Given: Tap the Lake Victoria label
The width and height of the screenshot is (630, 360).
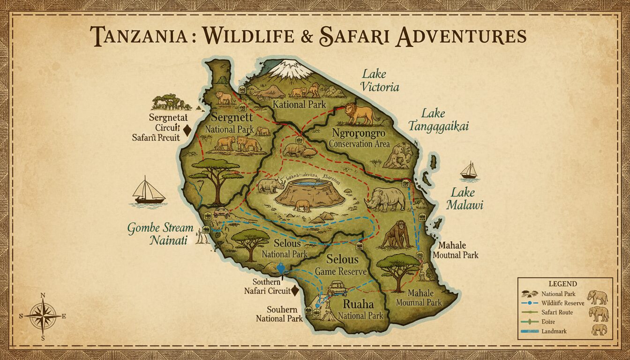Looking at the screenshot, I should coord(380,80).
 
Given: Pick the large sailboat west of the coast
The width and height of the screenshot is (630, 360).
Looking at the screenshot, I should coord(149,191).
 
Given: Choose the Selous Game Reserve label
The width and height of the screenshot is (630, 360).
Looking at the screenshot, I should coord(343,265).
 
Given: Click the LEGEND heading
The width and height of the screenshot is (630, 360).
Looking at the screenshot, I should coord(562,284).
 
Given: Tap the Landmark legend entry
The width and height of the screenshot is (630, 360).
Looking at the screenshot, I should coord(554,331).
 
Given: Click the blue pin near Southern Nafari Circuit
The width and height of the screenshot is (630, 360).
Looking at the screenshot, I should coord(281,269).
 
